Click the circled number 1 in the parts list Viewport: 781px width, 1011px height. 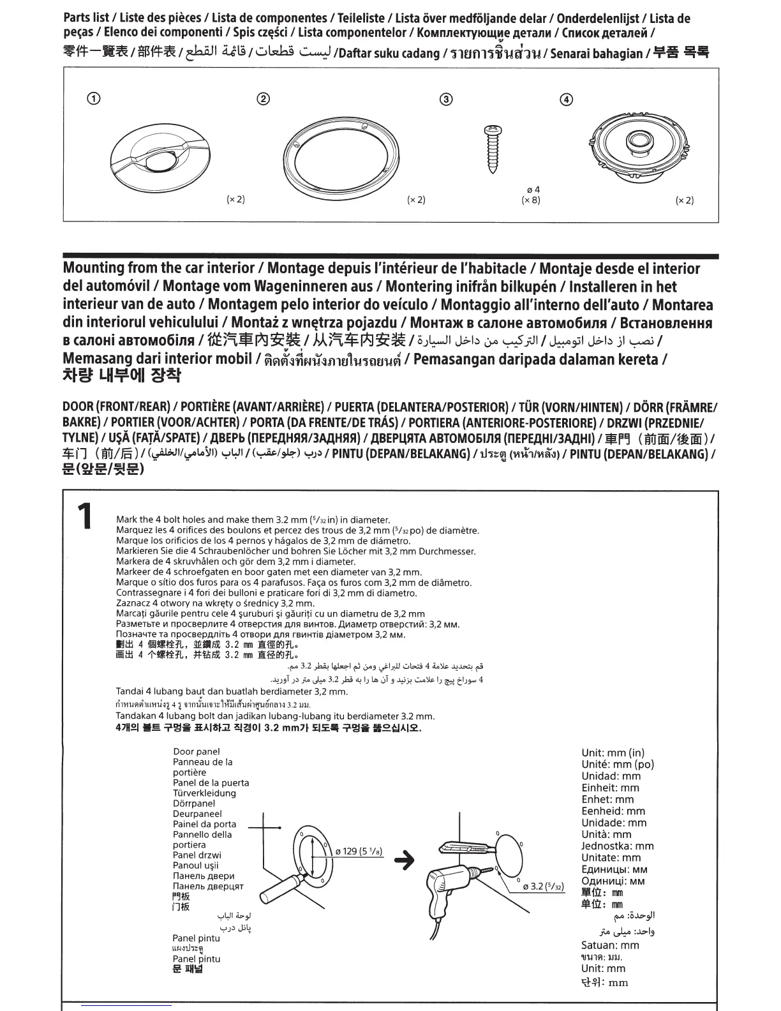tap(94, 99)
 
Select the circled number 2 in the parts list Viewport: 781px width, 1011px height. tap(264, 99)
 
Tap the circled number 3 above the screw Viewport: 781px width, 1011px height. tap(447, 99)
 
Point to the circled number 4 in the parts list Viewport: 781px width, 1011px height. tap(566, 100)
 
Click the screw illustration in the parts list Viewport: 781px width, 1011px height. tap(493, 149)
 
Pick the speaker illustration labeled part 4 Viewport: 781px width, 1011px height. tap(639, 144)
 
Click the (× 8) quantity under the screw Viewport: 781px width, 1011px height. tap(531, 200)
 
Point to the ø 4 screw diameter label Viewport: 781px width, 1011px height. tap(533, 190)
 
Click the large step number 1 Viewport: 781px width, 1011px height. tap(85, 516)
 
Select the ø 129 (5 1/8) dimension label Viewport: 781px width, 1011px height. tap(359, 851)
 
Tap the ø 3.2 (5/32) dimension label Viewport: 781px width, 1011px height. tap(544, 886)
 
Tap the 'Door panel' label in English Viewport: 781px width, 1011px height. tap(197, 752)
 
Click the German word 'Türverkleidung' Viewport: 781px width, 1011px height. tap(204, 793)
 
